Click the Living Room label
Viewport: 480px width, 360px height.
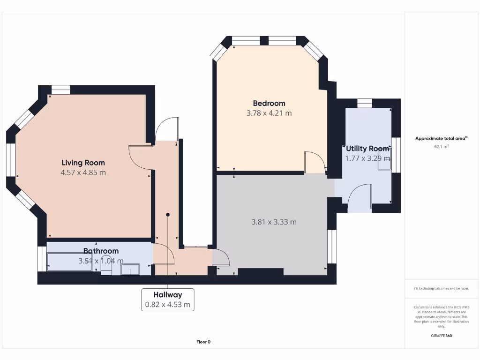pos(83,163)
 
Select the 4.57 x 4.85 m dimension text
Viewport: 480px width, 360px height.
pos(83,172)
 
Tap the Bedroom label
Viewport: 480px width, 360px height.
pos(269,103)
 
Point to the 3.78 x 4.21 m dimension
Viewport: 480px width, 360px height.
pos(269,113)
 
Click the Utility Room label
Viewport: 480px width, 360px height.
pos(367,149)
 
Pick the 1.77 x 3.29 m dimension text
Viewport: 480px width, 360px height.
pos(367,158)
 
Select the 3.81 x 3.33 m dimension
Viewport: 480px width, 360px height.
pos(274,222)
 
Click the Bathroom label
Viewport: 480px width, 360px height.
pos(101,251)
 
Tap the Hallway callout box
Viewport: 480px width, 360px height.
pos(167,300)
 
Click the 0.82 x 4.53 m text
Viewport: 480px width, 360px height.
pos(167,305)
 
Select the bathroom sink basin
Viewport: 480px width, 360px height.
pos(130,269)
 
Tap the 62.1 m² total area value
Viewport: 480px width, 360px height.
pos(441,146)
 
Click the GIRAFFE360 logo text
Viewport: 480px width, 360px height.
pos(441,336)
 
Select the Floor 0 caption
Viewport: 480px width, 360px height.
pos(203,342)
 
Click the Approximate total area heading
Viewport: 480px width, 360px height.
pos(440,138)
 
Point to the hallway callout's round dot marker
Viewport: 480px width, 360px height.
pos(167,215)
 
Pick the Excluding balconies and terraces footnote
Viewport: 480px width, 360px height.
pos(441,288)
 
